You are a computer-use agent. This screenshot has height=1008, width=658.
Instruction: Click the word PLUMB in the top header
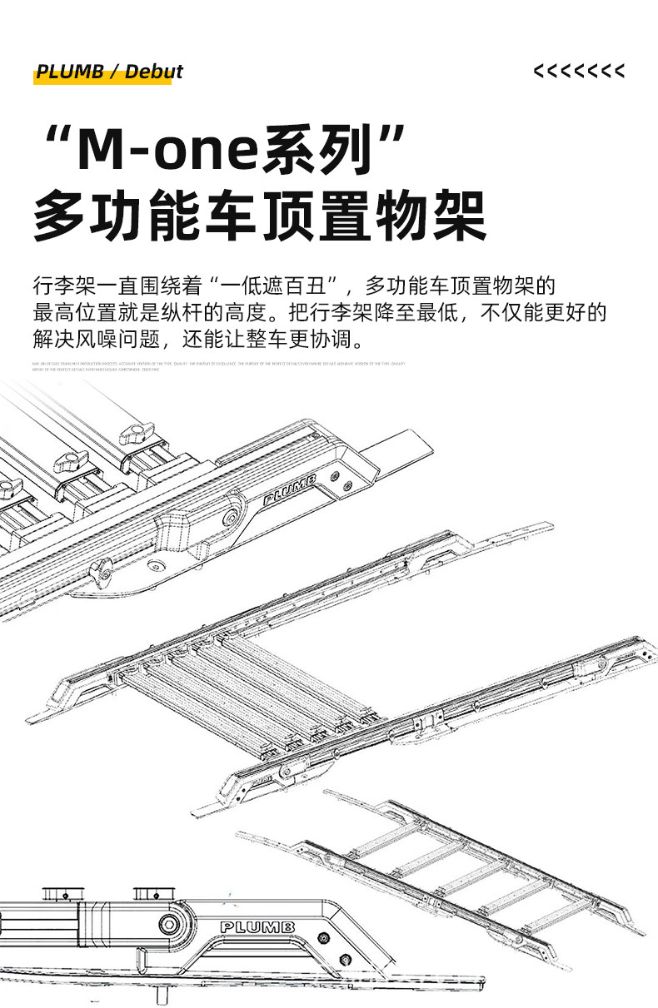coord(70,72)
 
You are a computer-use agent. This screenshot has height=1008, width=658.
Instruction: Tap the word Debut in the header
coord(154,72)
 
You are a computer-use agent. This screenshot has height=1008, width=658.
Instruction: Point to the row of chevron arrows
coord(579,72)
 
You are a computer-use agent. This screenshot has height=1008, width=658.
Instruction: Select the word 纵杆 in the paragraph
coord(187,313)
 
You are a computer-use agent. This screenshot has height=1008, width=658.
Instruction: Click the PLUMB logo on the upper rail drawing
coord(289,490)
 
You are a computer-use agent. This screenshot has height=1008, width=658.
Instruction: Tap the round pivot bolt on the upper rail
coord(228,519)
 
